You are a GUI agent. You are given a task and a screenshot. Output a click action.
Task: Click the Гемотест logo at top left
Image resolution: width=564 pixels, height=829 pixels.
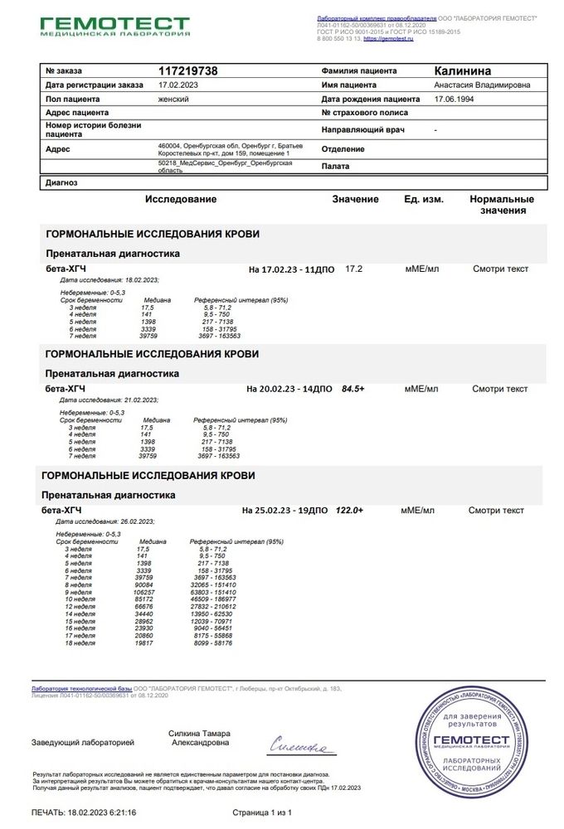point(115,24)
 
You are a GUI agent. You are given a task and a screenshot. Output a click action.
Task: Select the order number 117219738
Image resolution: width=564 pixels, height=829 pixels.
point(187,71)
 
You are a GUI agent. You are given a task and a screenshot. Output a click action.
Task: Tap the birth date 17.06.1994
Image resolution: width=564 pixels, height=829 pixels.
point(457,98)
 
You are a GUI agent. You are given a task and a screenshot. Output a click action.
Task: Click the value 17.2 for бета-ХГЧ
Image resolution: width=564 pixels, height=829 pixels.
point(354,269)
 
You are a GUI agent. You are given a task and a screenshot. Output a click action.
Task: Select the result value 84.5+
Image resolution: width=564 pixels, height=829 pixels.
point(353,388)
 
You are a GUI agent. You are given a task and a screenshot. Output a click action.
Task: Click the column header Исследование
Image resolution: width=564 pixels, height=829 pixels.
point(181,200)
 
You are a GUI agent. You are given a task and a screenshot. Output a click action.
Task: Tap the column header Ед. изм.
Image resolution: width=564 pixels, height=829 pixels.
point(424,200)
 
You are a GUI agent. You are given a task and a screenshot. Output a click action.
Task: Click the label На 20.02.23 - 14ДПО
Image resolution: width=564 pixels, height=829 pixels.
point(289,388)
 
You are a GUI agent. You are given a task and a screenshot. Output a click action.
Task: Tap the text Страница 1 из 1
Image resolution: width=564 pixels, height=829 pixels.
point(263,812)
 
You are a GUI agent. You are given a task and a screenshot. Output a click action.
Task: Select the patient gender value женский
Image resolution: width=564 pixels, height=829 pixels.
point(174,98)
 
